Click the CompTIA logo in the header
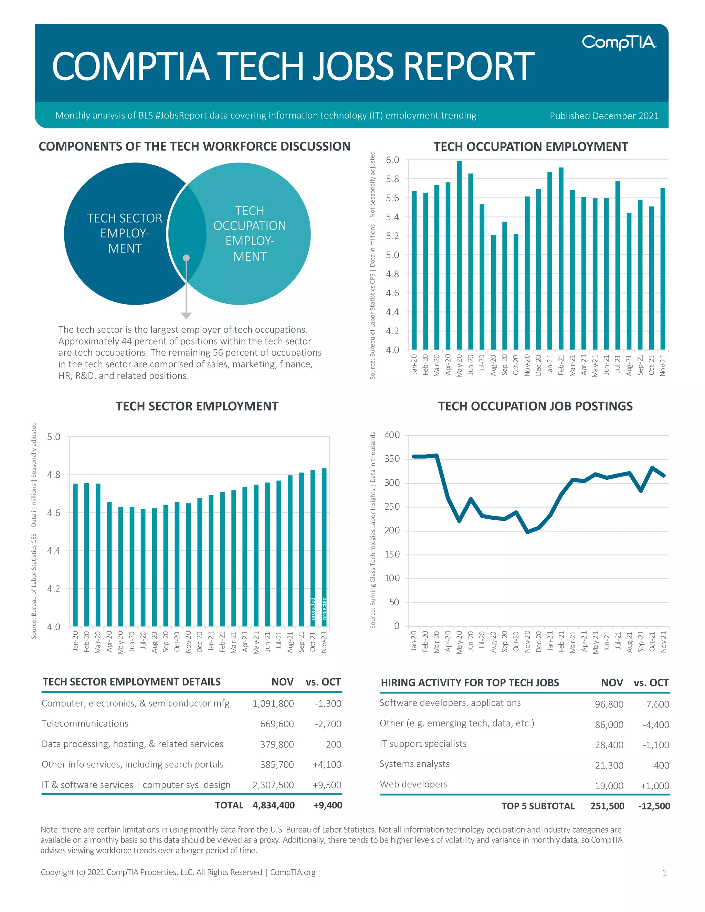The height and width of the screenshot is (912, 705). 619,43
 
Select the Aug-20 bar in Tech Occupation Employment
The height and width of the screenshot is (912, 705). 493,292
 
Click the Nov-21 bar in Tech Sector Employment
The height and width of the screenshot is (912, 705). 324,547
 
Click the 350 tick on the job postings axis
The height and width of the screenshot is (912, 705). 392,458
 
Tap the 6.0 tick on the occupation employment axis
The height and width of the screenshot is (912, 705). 392,160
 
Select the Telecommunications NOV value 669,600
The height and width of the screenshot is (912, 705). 277,724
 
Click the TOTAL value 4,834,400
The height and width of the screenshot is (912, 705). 274,805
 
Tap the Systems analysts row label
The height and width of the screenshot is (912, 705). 414,764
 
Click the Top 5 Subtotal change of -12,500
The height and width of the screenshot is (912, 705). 654,806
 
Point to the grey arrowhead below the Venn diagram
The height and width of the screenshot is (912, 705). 186,315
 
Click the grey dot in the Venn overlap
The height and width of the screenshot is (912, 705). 186,258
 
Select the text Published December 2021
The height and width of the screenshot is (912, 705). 604,116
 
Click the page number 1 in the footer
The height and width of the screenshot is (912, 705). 664,873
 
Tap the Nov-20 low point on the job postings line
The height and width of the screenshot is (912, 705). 527,532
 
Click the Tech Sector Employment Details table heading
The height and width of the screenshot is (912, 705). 131,682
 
